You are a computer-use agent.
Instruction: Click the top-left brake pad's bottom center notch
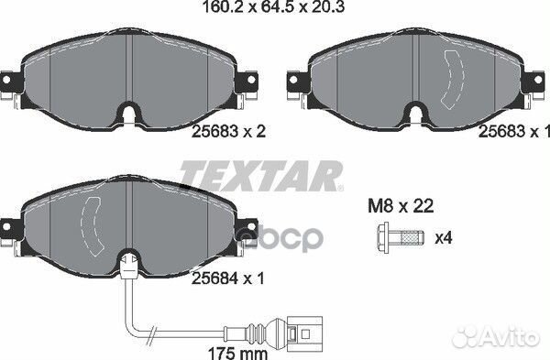point(130,115)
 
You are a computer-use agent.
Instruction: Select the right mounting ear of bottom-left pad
point(250,234)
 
